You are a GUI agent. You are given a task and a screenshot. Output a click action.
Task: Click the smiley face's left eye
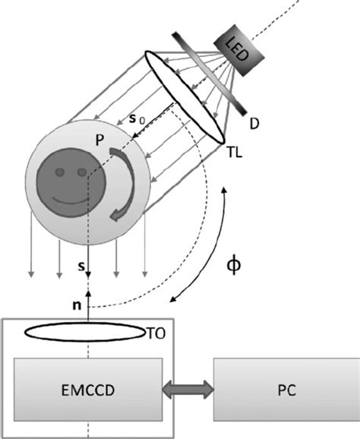(64, 173)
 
